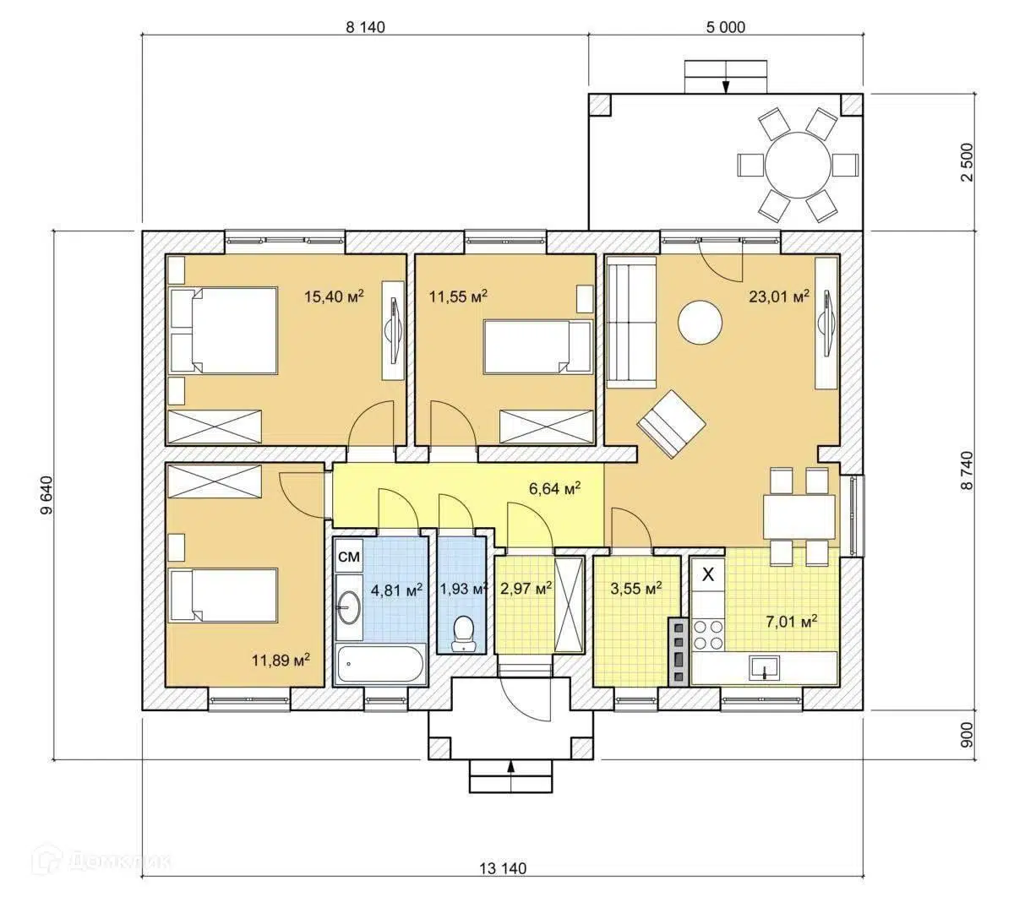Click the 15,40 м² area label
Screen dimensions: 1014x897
(334, 296)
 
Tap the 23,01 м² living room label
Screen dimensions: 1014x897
(779, 296)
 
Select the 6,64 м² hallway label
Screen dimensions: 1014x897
(554, 487)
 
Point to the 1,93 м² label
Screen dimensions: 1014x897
(463, 589)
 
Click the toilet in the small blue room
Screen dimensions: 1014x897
(463, 633)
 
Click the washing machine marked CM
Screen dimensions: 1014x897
(349, 556)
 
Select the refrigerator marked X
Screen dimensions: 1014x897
(708, 574)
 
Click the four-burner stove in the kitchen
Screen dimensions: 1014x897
(708, 634)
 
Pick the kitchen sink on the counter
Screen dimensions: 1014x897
(764, 668)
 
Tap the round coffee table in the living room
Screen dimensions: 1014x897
(700, 322)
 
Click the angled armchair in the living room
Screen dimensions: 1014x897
(672, 423)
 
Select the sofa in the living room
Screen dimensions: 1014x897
(631, 323)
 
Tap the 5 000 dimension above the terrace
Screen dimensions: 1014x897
(726, 27)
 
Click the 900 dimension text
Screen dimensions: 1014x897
(968, 735)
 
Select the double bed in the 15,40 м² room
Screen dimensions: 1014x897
(224, 330)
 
